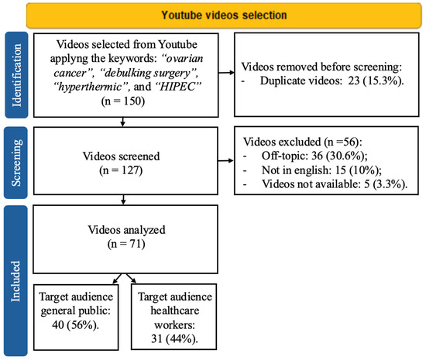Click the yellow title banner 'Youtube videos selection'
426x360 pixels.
[224, 15]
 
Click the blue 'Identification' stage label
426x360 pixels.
[16, 75]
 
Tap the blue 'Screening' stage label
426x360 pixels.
[16, 163]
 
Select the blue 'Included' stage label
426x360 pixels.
[15, 281]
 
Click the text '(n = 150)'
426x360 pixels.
[123, 101]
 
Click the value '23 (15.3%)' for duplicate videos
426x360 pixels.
[374, 81]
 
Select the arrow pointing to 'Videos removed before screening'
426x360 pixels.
[226, 73]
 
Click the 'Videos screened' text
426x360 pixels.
[121, 156]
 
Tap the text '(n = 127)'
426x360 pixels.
[121, 170]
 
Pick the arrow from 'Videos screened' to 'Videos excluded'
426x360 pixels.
[225, 161]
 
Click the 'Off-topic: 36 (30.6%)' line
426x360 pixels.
[314, 156]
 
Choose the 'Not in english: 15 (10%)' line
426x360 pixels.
[321, 170]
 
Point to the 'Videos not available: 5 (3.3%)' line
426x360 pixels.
[335, 184]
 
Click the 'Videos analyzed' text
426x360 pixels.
[126, 230]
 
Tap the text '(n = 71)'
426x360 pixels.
[126, 244]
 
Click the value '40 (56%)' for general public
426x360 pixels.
[75, 324]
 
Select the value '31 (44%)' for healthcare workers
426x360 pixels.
[174, 339]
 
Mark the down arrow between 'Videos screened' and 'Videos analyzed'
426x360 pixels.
[123, 200]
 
